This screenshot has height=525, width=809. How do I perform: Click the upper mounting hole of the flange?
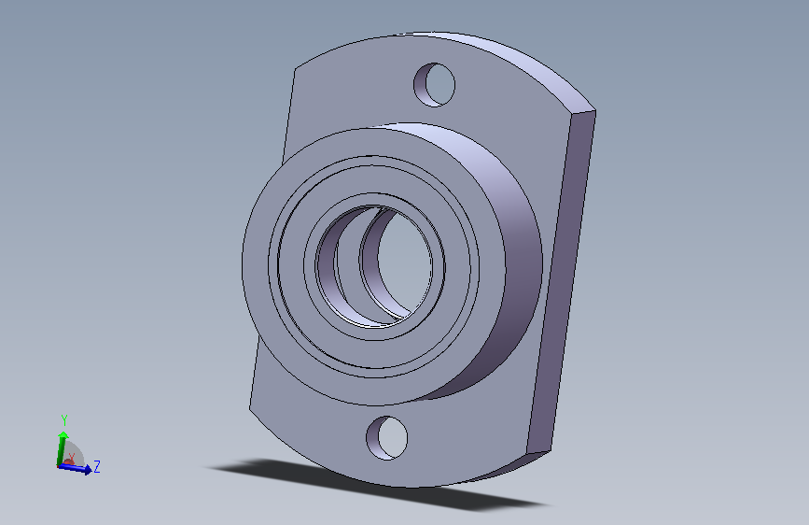click(x=435, y=85)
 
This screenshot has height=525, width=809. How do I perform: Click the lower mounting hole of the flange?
click(x=387, y=438)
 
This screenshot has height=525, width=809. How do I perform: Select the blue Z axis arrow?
click(x=76, y=468)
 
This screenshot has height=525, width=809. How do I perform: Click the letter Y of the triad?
click(x=64, y=419)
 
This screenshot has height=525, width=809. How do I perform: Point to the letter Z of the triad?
click(x=96, y=466)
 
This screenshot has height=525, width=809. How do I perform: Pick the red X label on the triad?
click(x=71, y=458)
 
